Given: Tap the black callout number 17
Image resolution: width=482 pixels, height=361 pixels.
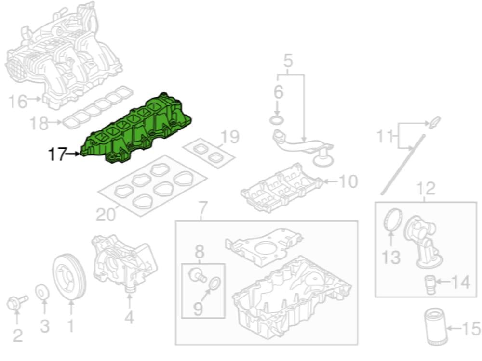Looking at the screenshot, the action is pyautogui.click(x=57, y=154).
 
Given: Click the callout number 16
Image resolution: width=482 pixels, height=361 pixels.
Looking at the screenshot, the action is pyautogui.click(x=17, y=101).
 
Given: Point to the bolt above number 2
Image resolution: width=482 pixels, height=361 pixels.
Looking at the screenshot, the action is pyautogui.click(x=17, y=302).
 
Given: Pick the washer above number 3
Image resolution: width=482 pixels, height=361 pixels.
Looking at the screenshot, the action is pyautogui.click(x=42, y=292).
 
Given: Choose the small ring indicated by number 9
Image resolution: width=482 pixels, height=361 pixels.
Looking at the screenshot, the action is pyautogui.click(x=215, y=283).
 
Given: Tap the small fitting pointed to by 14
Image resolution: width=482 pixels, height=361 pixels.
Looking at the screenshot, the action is pyautogui.click(x=430, y=285).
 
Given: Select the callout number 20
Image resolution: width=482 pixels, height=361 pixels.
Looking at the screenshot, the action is pyautogui.click(x=106, y=215).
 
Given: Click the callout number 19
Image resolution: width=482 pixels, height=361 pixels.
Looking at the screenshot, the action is pyautogui.click(x=229, y=136).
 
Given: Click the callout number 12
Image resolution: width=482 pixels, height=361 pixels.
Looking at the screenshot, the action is pyautogui.click(x=426, y=189).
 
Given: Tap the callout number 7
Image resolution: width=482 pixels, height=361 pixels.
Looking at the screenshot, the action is pyautogui.click(x=203, y=209).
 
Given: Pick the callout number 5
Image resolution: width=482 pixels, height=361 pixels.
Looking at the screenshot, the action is pyautogui.click(x=288, y=61).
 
